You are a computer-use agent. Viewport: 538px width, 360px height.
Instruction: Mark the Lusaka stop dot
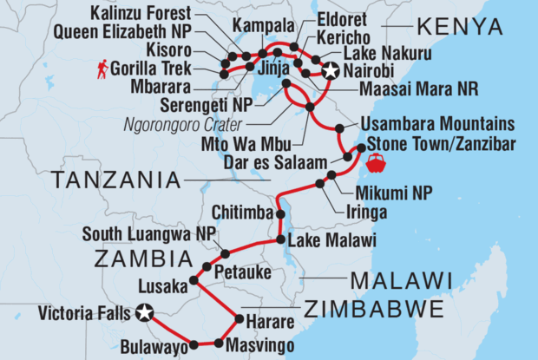point(194,281)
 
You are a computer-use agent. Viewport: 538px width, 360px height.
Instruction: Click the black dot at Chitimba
point(280,213)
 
